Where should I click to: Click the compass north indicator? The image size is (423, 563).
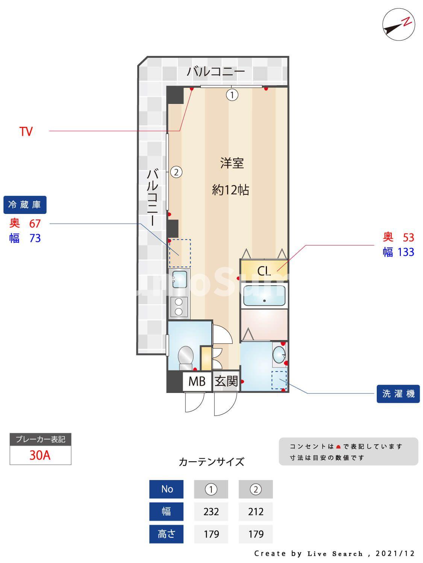(x=399, y=24)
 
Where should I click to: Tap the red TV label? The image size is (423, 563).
(x=26, y=132)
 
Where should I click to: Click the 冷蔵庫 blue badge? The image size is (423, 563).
(x=25, y=205)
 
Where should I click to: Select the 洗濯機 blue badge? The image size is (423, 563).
(x=398, y=394)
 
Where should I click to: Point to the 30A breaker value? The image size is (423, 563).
(x=40, y=455)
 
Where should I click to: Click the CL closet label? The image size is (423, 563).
(x=264, y=271)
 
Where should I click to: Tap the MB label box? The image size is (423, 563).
(x=197, y=382)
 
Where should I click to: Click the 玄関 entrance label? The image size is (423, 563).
(x=226, y=382)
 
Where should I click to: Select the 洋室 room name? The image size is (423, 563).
(x=232, y=163)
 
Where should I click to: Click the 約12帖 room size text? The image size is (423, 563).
(x=230, y=190)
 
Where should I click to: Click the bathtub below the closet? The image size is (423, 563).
(x=264, y=296)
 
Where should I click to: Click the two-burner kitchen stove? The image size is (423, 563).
(x=179, y=307)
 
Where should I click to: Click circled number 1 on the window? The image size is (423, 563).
(x=232, y=95)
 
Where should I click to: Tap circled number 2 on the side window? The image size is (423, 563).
(x=176, y=172)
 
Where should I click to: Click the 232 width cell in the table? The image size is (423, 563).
(x=211, y=512)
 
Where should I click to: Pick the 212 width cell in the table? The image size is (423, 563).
(x=256, y=512)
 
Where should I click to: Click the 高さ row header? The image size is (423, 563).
(x=166, y=534)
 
